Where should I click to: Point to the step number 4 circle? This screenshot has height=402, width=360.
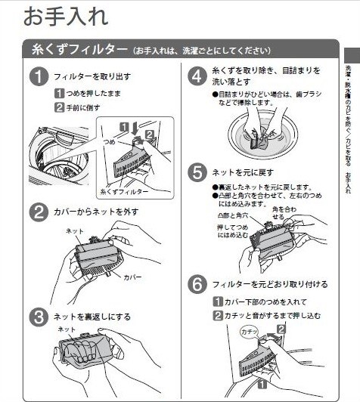tap(197, 76)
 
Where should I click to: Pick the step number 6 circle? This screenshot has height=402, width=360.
tap(197, 284)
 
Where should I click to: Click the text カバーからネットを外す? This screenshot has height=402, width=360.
tap(96, 212)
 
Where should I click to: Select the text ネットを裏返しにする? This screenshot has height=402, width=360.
tap(92, 317)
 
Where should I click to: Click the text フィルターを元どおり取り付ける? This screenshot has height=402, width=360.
tap(268, 284)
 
